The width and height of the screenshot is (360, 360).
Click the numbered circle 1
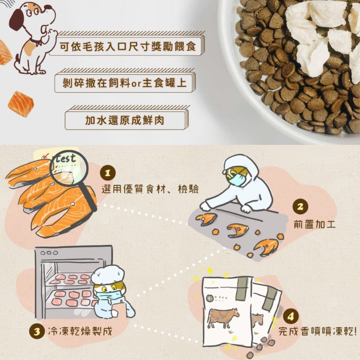click(108, 173)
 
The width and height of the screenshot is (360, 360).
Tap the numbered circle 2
click(300, 207)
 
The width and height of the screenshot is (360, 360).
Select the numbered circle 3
click(37, 332)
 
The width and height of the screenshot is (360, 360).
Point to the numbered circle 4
click(291, 316)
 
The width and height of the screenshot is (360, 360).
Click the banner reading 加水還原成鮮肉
click(127, 118)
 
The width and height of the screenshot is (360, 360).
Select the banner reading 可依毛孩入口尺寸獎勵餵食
click(127, 44)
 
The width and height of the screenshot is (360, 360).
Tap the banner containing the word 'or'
click(125, 81)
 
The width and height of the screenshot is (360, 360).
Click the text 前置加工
click(315, 224)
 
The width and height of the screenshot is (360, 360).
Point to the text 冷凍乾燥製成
click(80, 331)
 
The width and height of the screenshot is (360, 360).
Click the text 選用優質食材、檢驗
click(150, 189)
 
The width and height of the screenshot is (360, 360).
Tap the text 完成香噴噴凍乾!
click(318, 331)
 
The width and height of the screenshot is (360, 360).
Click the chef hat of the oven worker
click(108, 275)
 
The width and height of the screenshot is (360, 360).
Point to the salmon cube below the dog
click(21, 104)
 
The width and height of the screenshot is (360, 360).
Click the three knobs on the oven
click(49, 253)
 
